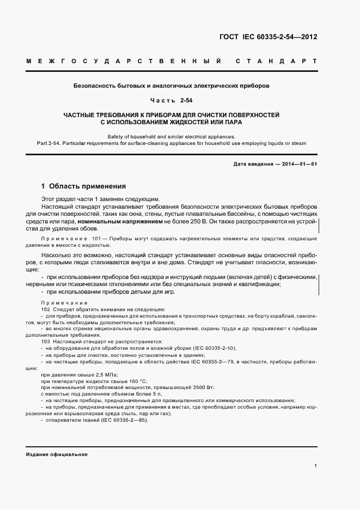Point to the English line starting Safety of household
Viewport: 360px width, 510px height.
(172, 136)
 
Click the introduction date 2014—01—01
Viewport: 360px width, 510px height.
(298, 163)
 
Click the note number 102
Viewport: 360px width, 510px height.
(46, 309)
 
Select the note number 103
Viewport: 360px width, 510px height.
(46, 341)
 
